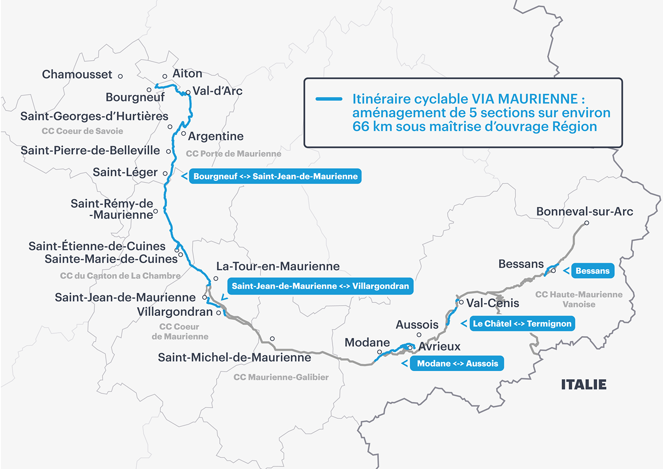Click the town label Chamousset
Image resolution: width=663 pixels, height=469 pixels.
tap(77, 74)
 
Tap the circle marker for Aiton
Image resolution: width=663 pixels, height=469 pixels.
tap(165, 77)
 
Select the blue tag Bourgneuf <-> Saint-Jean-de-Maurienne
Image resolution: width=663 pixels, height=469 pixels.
tap(275, 176)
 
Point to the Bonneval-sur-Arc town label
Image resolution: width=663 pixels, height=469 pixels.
tap(584, 212)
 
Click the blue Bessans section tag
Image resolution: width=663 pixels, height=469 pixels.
tap(592, 271)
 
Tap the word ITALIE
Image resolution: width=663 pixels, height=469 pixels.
tap(583, 384)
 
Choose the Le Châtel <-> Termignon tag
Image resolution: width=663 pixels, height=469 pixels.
tap(522, 324)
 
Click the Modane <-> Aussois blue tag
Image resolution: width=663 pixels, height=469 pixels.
tap(457, 363)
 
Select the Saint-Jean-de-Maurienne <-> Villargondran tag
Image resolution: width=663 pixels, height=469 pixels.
tap(320, 286)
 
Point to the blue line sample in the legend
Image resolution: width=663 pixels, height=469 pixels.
tap(329, 99)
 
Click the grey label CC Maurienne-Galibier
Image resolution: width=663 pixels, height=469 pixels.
tap(281, 377)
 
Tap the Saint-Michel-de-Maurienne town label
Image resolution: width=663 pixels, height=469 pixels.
tap(234, 357)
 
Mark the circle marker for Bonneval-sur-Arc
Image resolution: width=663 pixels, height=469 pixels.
tap(587, 223)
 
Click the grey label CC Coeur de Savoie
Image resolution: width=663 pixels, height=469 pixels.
tap(82, 131)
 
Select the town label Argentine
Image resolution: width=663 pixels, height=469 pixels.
tap(215, 136)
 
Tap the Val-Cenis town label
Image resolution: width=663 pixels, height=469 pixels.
tap(493, 303)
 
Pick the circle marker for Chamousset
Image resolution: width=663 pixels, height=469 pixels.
tap(121, 76)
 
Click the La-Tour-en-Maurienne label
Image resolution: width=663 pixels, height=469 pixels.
tap(278, 266)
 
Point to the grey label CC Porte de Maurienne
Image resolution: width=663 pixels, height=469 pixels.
tap(233, 154)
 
